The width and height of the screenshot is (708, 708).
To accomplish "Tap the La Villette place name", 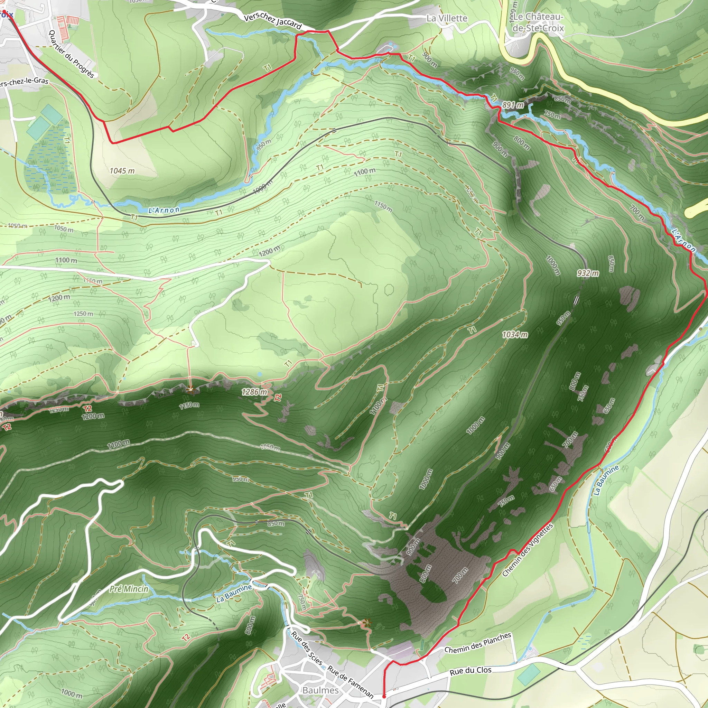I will pyautogui.click(x=447, y=18).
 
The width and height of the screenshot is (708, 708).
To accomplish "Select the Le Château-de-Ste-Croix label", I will pyautogui.click(x=538, y=22).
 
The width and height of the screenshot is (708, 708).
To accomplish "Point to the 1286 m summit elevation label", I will pyautogui.click(x=254, y=392).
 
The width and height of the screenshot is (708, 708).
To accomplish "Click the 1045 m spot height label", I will pyautogui.click(x=122, y=171).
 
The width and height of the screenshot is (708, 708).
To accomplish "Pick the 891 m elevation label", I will pyautogui.click(x=513, y=105).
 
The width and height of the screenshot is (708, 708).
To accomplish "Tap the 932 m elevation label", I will pyautogui.click(x=588, y=273).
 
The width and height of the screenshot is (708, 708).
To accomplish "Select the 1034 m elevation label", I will pyautogui.click(x=515, y=335).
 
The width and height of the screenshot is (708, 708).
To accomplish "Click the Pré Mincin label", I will pyautogui.click(x=129, y=589).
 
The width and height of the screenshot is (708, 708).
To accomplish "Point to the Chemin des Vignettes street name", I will pyautogui.click(x=527, y=550).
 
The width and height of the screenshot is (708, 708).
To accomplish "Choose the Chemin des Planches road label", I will pyautogui.click(x=477, y=643).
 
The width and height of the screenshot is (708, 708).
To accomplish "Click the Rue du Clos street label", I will pyautogui.click(x=471, y=671).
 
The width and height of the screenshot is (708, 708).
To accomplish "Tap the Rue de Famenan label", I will pyautogui.click(x=350, y=682).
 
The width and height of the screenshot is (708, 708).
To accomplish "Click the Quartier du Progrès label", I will pyautogui.click(x=72, y=54).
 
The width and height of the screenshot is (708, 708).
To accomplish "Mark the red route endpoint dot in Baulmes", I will pyautogui.click(x=384, y=696).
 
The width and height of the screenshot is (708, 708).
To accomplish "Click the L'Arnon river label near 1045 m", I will pyautogui.click(x=164, y=210).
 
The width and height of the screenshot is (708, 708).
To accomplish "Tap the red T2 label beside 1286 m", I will pyautogui.click(x=278, y=398).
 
